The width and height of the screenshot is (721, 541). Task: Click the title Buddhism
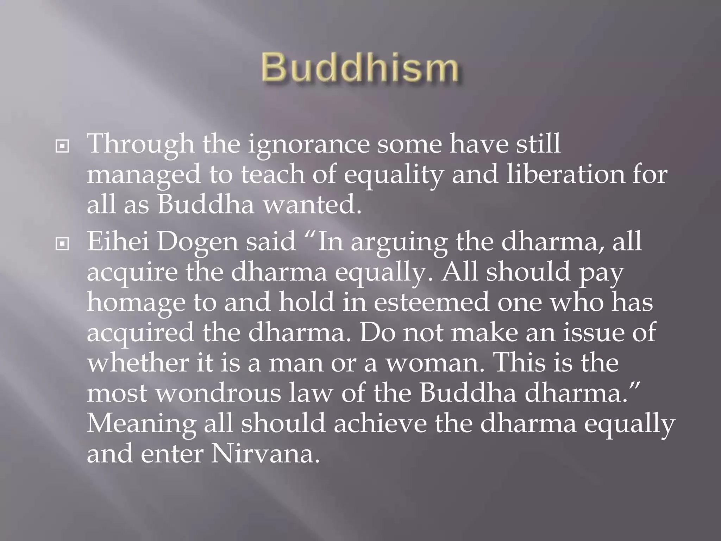(x=360, y=68)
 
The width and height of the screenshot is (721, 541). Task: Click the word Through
(x=140, y=145)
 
